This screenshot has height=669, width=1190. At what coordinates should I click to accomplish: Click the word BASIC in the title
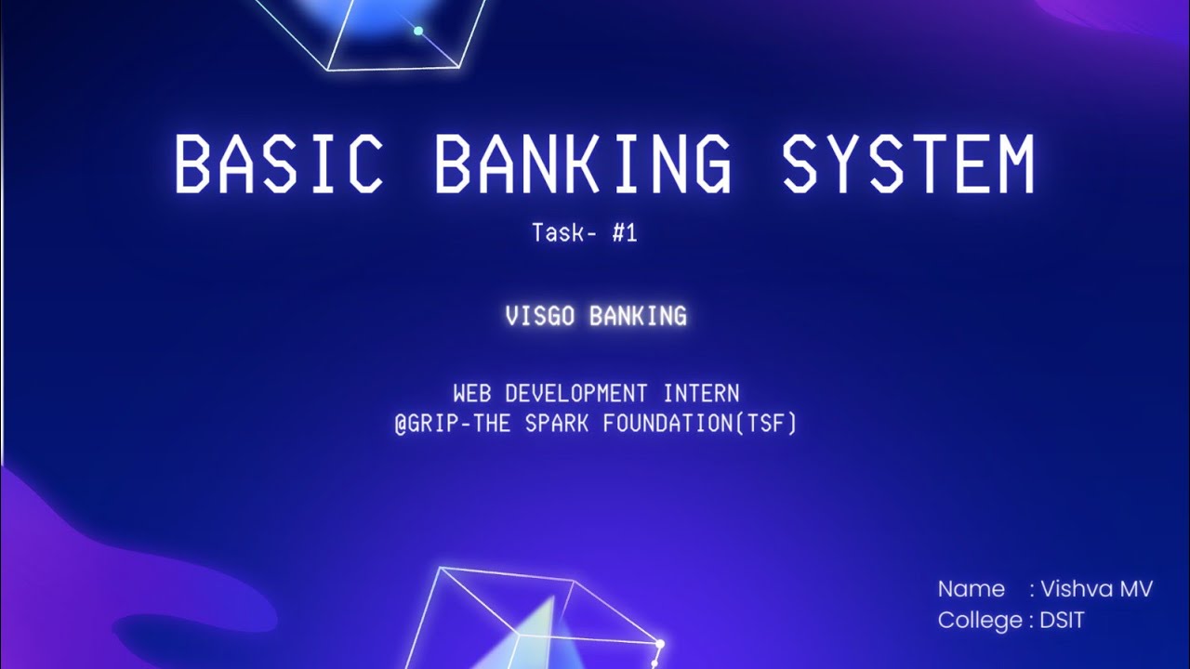[278, 165]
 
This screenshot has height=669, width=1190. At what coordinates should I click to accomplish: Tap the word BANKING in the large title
[582, 165]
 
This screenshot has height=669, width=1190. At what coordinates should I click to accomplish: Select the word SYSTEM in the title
[907, 165]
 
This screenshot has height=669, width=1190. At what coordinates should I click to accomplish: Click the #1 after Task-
[625, 232]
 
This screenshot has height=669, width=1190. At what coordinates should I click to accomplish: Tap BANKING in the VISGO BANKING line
[638, 316]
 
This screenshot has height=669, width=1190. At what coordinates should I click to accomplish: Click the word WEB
[471, 393]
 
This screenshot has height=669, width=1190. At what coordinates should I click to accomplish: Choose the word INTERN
[701, 393]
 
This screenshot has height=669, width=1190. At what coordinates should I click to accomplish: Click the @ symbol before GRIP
[400, 425]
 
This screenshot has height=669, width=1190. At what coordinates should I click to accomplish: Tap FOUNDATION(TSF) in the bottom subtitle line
[700, 425]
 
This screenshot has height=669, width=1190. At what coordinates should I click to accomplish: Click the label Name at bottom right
[971, 589]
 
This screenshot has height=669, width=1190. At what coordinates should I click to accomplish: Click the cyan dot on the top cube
[418, 31]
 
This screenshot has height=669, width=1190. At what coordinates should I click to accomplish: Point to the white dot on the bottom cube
[660, 643]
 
